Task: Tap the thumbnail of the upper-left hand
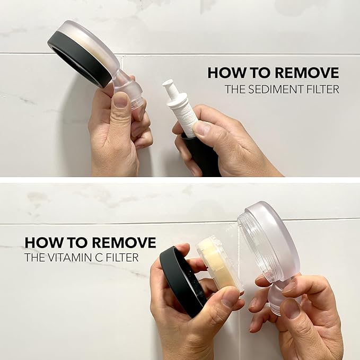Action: [x=120, y=100]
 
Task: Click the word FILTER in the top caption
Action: [x=323, y=89]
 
